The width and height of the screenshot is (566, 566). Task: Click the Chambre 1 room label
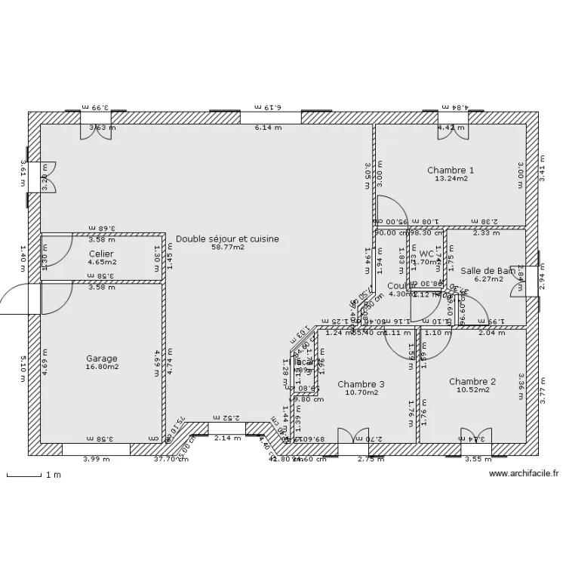[x=450, y=171]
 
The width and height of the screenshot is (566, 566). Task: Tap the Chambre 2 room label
[x=472, y=382]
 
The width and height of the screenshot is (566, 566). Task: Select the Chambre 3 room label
[x=361, y=384]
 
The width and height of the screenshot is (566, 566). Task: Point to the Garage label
[x=101, y=358]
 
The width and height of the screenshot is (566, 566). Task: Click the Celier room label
[x=101, y=254]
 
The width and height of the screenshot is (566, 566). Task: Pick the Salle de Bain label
[x=488, y=270]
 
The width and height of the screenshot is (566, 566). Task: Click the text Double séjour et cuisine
[x=227, y=238]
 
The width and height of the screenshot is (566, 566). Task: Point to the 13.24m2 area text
[x=450, y=180]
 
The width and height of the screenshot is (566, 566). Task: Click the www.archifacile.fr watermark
[x=524, y=474]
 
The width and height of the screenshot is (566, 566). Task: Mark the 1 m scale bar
[x=24, y=475]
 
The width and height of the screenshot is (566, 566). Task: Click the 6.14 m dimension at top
[x=268, y=128]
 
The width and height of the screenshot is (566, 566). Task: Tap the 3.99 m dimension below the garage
[x=95, y=459]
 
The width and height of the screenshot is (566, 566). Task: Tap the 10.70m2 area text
[x=361, y=393]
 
